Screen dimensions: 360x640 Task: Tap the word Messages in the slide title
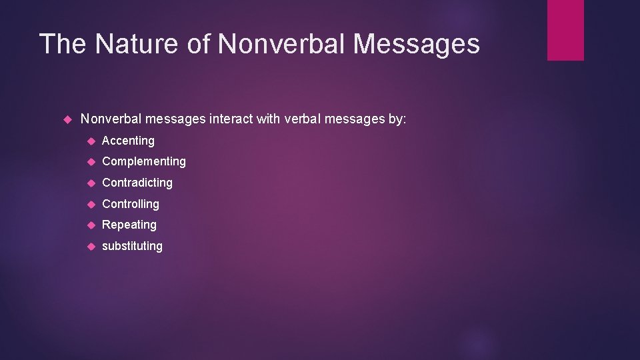417,44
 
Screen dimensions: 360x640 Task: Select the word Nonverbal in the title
282,44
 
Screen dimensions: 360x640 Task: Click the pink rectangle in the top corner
565,30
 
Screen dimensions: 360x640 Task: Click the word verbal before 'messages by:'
303,119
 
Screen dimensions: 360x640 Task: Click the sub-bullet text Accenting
128,141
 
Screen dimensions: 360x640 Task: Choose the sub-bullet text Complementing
144,161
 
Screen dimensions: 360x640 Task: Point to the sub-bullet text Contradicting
137,183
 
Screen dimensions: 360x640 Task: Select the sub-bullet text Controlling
131,204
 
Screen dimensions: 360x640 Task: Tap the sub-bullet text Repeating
129,225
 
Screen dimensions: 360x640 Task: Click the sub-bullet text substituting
132,246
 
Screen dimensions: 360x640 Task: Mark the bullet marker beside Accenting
91,141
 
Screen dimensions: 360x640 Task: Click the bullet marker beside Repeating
91,225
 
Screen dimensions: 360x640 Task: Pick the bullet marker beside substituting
91,246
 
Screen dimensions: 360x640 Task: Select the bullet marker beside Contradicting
91,183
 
